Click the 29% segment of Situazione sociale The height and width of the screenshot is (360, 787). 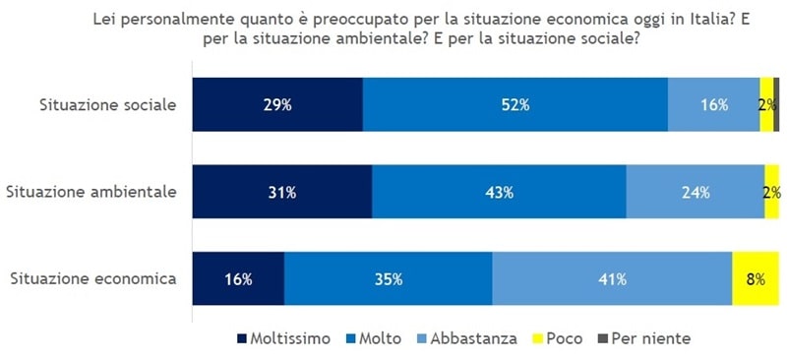click(277, 104)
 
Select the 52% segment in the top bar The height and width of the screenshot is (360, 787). click(515, 104)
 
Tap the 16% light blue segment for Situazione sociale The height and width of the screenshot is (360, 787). click(713, 104)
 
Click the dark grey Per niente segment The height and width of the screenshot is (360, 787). click(776, 104)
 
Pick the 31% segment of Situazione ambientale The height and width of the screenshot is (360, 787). click(282, 192)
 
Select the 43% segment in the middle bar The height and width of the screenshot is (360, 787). click(499, 192)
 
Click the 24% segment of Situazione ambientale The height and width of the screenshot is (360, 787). click(695, 192)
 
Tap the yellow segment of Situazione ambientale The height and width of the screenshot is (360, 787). click(772, 192)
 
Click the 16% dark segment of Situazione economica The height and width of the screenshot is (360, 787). click(238, 278)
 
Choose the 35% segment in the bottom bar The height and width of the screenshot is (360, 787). click(389, 278)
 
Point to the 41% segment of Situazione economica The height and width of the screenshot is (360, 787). click(612, 278)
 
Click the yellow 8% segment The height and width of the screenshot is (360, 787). click(756, 278)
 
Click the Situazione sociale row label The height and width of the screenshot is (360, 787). click(107, 104)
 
